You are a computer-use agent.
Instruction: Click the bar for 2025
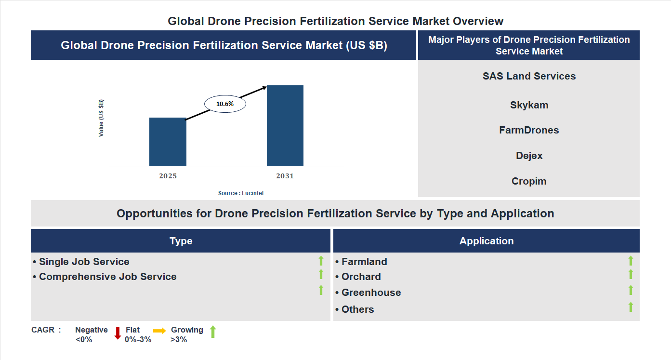pyautogui.click(x=168, y=142)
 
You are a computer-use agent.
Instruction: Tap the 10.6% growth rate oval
pyautogui.click(x=225, y=104)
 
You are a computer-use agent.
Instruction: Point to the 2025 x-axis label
pyautogui.click(x=168, y=176)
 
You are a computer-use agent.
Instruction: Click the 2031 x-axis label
pyautogui.click(x=285, y=176)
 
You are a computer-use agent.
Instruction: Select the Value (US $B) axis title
pyautogui.click(x=101, y=118)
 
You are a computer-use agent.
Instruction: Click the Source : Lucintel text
pyautogui.click(x=241, y=193)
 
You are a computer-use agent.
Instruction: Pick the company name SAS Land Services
pyautogui.click(x=529, y=76)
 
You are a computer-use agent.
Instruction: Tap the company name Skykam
pyautogui.click(x=529, y=105)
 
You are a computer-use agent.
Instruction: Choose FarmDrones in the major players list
pyautogui.click(x=529, y=130)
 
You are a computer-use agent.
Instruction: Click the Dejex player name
pyautogui.click(x=529, y=156)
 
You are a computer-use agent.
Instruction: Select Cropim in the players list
pyautogui.click(x=529, y=181)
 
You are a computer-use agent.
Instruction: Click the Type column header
pyautogui.click(x=181, y=241)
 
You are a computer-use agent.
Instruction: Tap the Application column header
pyautogui.click(x=486, y=241)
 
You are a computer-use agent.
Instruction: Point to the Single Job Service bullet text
pyautogui.click(x=84, y=262)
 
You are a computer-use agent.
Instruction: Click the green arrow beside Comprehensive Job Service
pyautogui.click(x=321, y=274)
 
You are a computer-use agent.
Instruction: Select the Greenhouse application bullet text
pyautogui.click(x=371, y=293)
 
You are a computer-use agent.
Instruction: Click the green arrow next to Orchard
pyautogui.click(x=631, y=274)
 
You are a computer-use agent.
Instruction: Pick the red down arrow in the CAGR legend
pyautogui.click(x=118, y=333)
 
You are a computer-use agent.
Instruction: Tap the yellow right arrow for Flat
pyautogui.click(x=159, y=331)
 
